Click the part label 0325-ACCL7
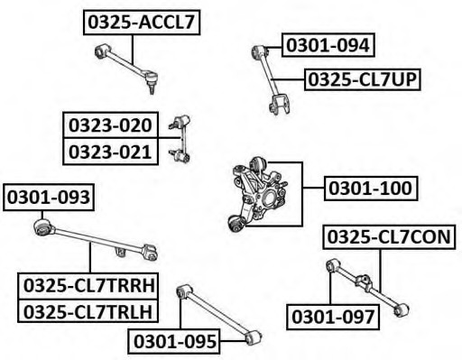142,23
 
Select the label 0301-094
328,45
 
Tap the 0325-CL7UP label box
362,79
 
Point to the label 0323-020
110,125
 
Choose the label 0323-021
110,152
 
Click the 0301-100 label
371,189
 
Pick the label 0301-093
49,198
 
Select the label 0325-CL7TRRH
88,286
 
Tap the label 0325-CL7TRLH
88,311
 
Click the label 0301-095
174,341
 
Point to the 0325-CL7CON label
389,236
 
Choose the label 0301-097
333,317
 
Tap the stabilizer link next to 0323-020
180,139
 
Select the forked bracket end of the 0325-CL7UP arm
280,105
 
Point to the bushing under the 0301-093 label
42,227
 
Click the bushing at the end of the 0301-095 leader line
253,337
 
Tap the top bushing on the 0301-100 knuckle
258,165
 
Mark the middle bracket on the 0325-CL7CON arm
364,282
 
